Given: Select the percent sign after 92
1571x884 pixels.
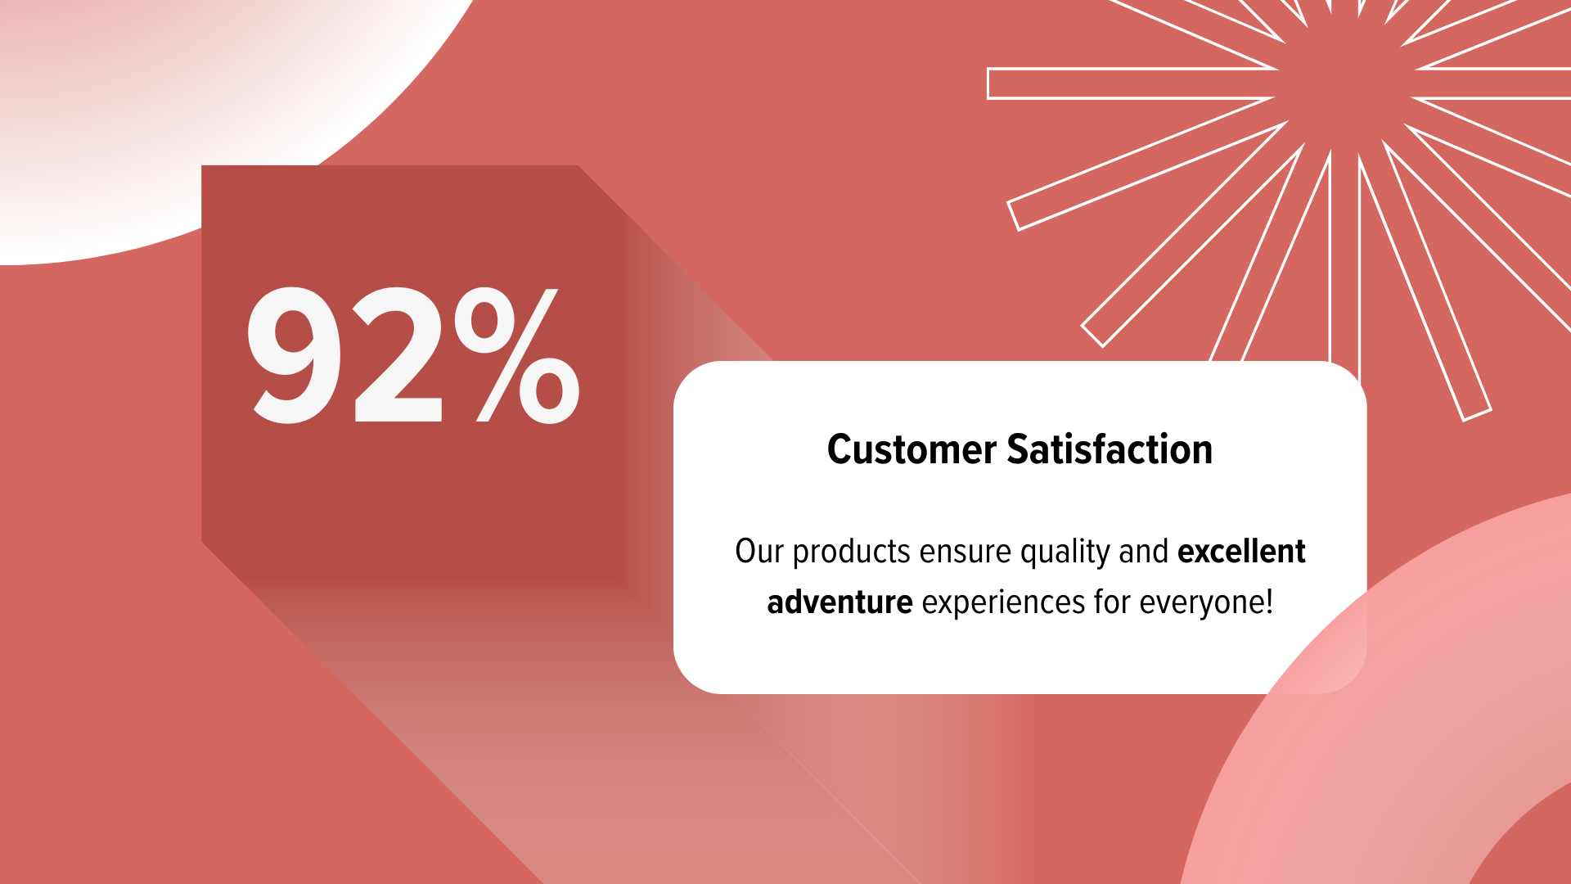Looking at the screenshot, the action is point(517,354).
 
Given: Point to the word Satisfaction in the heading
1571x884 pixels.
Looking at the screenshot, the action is point(1110,449).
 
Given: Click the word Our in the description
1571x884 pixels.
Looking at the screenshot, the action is point(759,552).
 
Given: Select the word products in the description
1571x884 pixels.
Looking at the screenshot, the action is point(852,553).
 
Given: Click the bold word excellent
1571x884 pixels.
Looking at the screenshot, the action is point(1241,552).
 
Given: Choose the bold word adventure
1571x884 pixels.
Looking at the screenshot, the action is point(840,602).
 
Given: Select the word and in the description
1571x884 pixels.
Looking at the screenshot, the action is point(1143,552).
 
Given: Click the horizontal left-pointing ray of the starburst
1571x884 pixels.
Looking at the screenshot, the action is point(1129,83).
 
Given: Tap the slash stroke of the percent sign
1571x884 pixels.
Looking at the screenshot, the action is point(517,355).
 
